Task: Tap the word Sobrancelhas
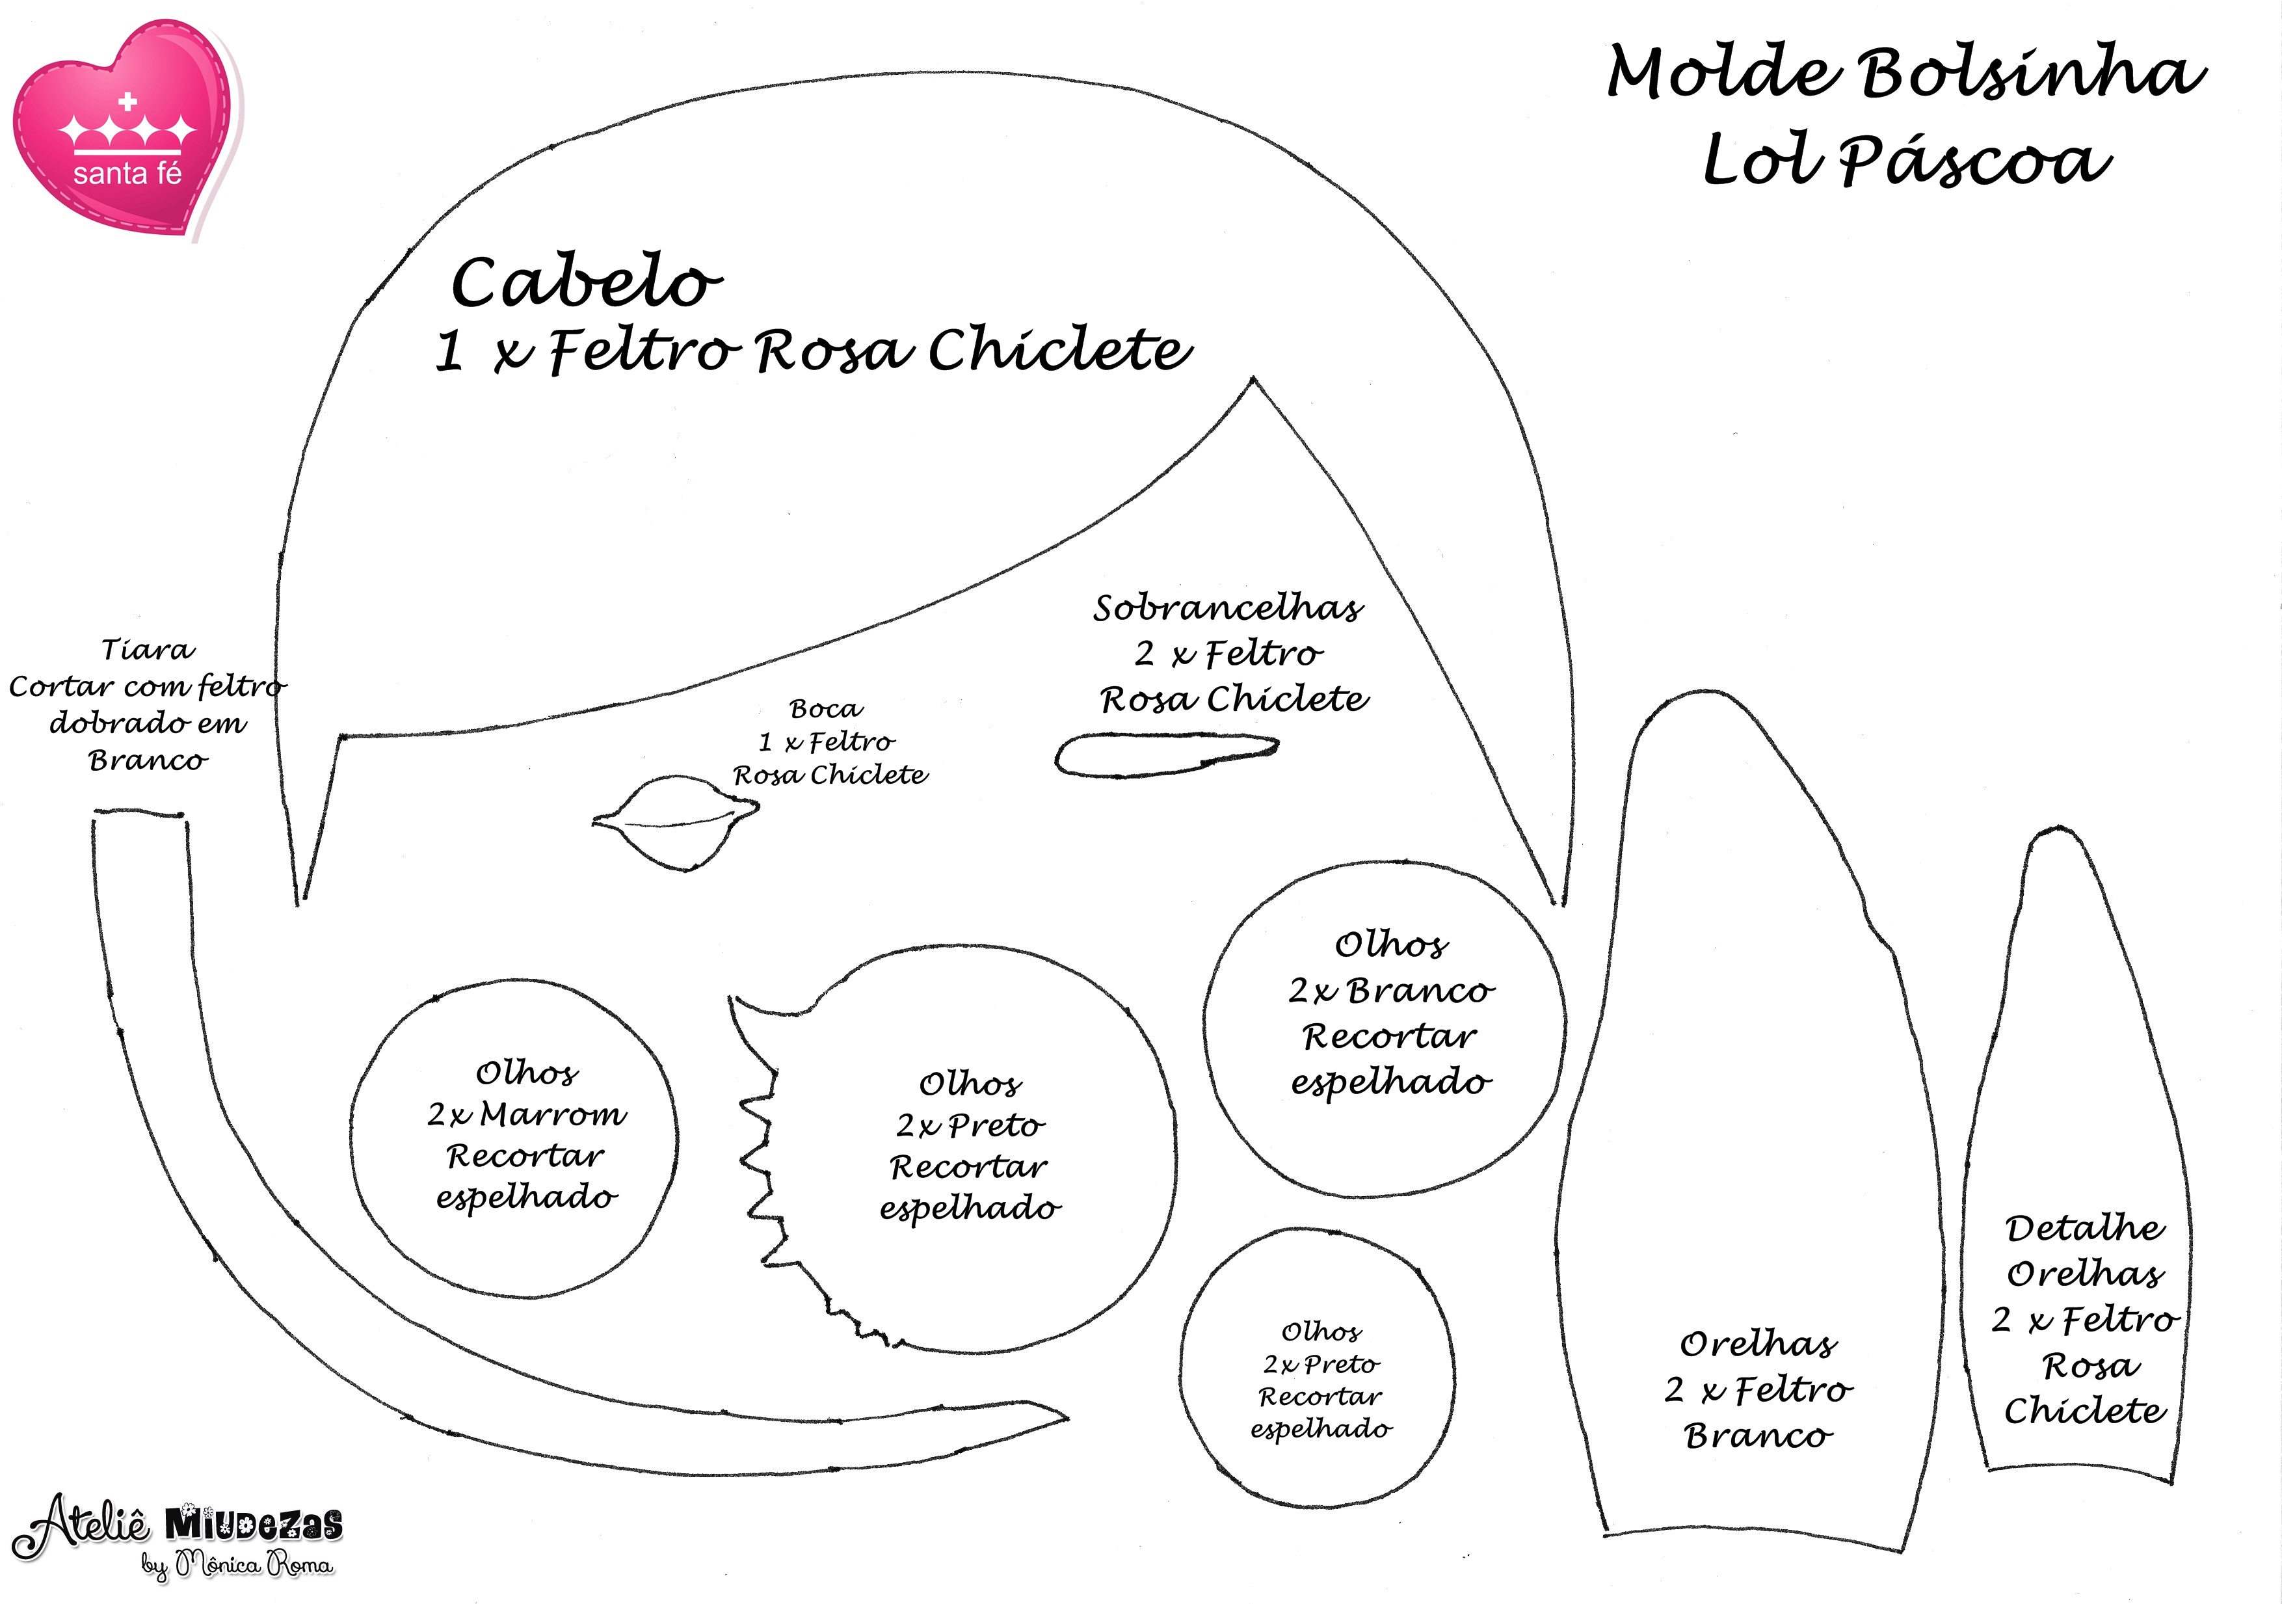pos(1228,608)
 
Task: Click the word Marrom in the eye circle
pos(553,1114)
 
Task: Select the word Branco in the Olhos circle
pos(1420,991)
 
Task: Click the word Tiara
pos(148,650)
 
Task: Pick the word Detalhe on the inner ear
pos(2084,1228)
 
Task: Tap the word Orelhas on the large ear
pos(1758,1344)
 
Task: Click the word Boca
pos(826,708)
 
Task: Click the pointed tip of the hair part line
pos(1253,379)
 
